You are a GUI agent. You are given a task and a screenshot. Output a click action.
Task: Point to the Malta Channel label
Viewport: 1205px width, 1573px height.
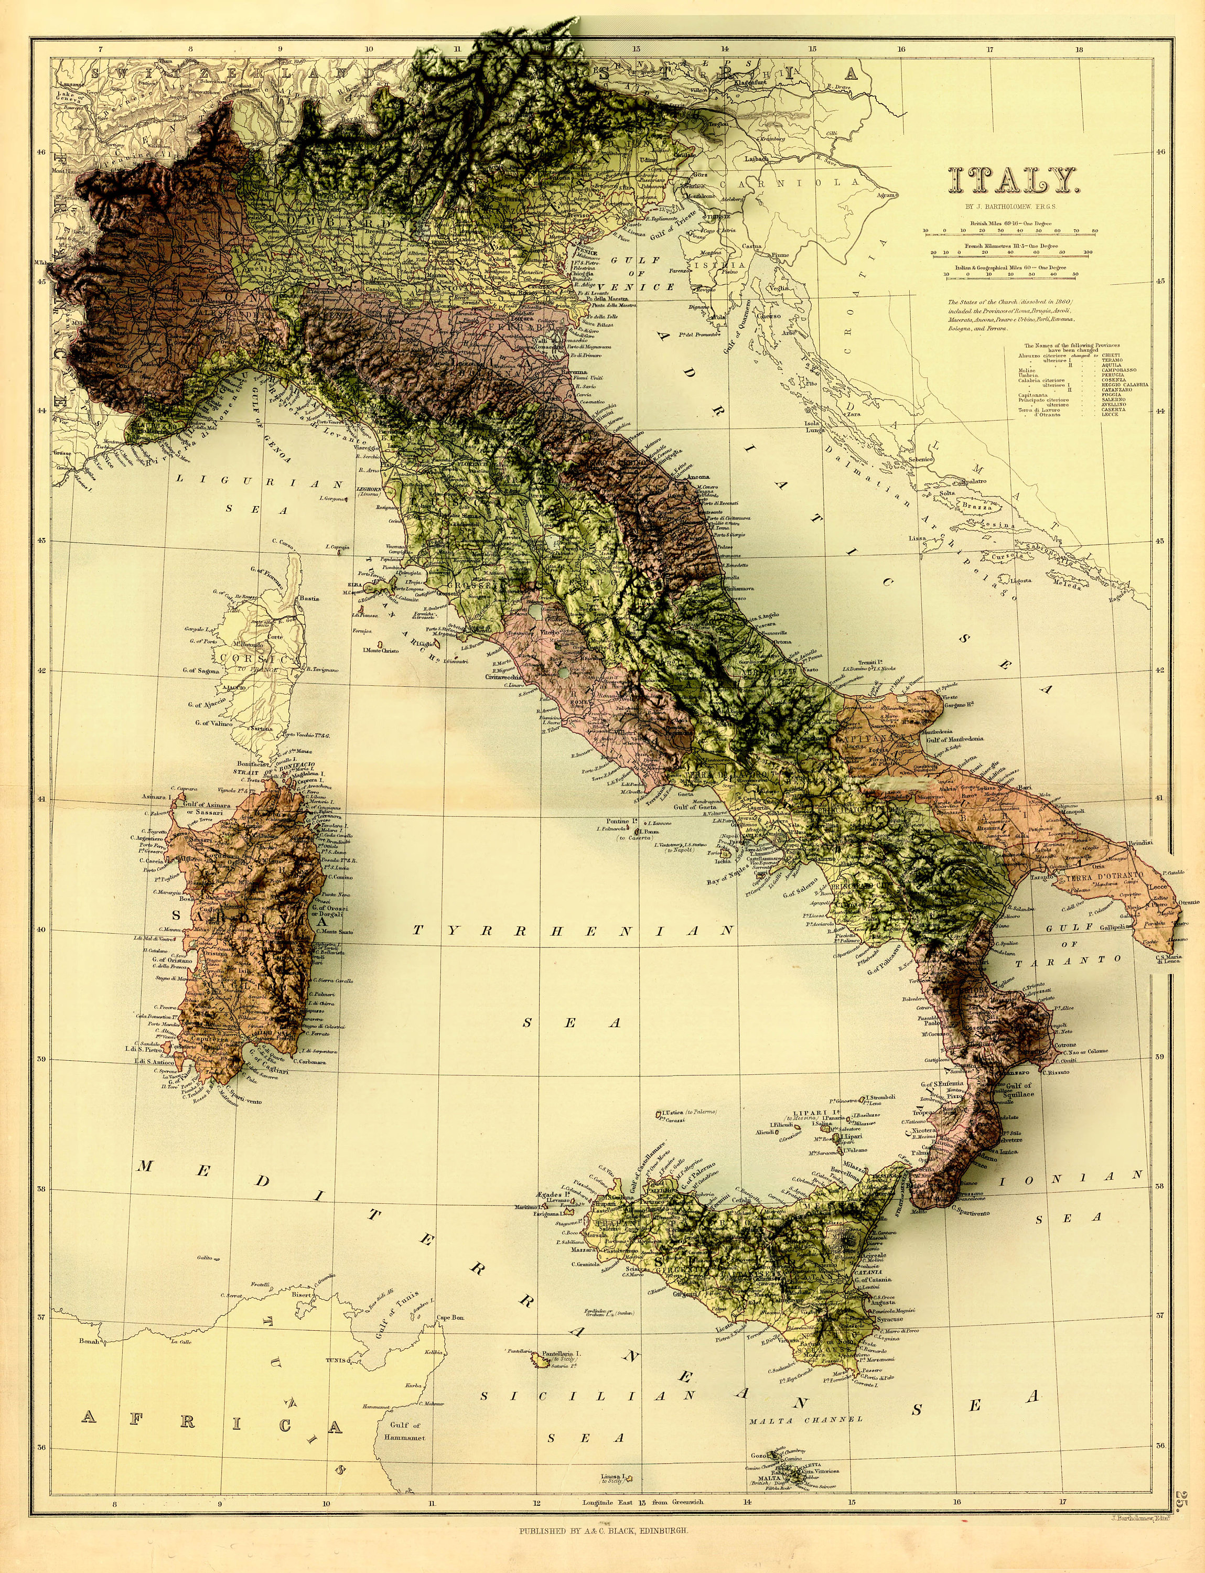[x=805, y=1419]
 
